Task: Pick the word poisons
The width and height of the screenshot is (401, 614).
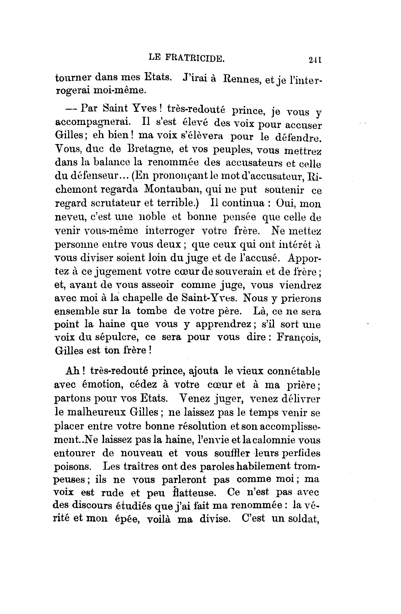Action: [x=72, y=466]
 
